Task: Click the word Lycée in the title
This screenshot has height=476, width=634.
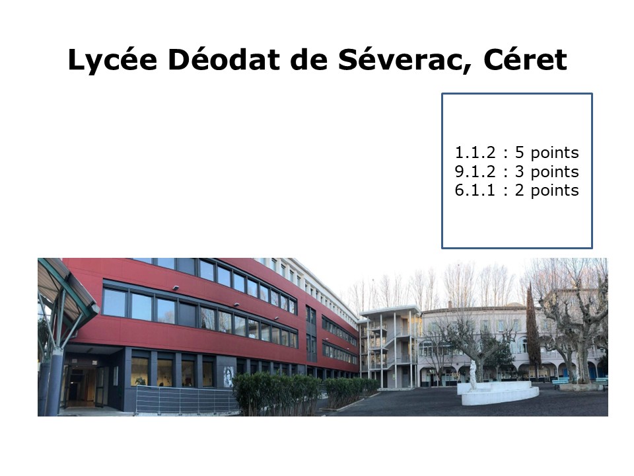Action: [112, 60]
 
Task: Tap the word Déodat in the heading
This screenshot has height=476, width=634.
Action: [224, 59]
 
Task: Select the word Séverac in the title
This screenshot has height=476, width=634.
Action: [404, 60]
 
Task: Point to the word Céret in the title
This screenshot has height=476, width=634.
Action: [525, 59]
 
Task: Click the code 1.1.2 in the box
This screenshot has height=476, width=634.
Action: [475, 153]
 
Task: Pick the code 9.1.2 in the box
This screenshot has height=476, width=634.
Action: [475, 172]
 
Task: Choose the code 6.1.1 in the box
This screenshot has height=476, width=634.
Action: [475, 190]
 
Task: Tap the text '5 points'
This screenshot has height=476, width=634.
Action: [547, 153]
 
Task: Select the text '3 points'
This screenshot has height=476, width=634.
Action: [547, 173]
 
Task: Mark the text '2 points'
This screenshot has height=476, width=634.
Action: [547, 191]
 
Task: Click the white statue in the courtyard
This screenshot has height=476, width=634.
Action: [473, 375]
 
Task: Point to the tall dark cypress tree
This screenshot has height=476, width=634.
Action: [532, 328]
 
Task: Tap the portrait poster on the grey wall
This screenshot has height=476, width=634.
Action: [229, 377]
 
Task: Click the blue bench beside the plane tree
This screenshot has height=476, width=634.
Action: [561, 382]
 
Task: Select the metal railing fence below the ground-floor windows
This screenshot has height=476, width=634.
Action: [186, 399]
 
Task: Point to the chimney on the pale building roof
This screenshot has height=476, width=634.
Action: [450, 303]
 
